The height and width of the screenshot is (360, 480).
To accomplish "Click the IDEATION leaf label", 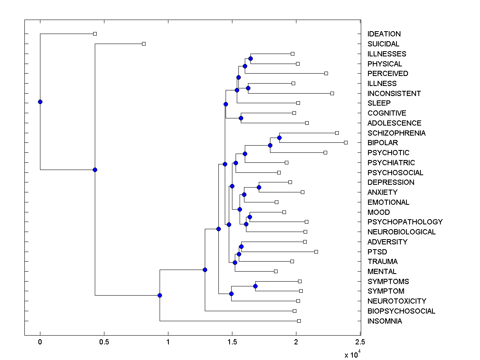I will click(x=384, y=34).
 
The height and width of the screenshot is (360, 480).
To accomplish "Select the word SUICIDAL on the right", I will click(x=383, y=44).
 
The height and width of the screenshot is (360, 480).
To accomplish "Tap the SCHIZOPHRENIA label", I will click(x=396, y=133).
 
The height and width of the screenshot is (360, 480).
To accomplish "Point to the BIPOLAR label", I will click(x=383, y=143).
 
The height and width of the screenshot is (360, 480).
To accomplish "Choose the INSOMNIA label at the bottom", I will click(x=385, y=321).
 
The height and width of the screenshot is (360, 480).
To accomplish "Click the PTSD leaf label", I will click(x=377, y=252).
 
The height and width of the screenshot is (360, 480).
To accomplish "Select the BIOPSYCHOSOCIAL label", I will click(x=401, y=311).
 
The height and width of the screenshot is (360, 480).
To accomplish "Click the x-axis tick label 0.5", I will click(x=104, y=342).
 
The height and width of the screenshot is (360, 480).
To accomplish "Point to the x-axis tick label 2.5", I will click(x=360, y=342).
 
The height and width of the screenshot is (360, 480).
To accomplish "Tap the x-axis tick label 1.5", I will click(x=232, y=342).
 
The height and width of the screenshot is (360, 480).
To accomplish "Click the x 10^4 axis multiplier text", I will click(x=352, y=354).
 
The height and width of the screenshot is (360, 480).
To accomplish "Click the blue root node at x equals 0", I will click(x=40, y=102).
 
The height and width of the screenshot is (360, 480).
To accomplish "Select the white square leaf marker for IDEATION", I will click(x=95, y=34).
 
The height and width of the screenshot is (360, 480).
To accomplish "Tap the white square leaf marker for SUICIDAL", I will click(x=144, y=44).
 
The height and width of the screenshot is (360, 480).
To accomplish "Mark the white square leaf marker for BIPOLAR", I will click(x=346, y=142).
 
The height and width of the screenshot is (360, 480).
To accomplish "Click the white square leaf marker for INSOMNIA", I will click(x=299, y=321).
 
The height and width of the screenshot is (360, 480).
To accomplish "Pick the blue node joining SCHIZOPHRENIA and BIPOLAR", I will click(x=279, y=138).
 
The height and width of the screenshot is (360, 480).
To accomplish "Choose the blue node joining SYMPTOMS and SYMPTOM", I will click(x=255, y=286).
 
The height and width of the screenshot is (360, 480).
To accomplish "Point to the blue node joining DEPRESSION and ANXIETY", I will click(x=259, y=187).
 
